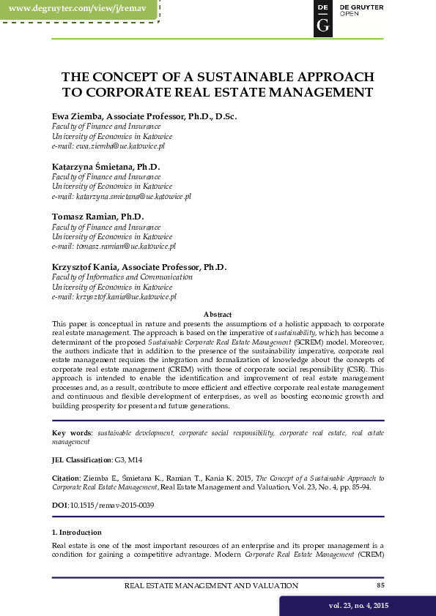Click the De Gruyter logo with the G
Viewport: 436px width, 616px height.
pyautogui.click(x=322, y=18)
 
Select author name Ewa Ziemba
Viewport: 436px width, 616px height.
pyautogui.click(x=78, y=116)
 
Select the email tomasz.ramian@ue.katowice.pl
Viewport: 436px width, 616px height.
pyautogui.click(x=114, y=247)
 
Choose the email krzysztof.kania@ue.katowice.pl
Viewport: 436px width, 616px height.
pyautogui.click(x=114, y=298)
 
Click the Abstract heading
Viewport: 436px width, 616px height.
pyautogui.click(x=218, y=314)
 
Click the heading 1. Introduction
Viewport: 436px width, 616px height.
pyautogui.click(x=77, y=532)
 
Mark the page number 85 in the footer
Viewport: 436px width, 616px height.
pyautogui.click(x=380, y=585)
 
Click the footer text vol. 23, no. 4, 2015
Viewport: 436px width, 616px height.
pyautogui.click(x=358, y=606)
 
